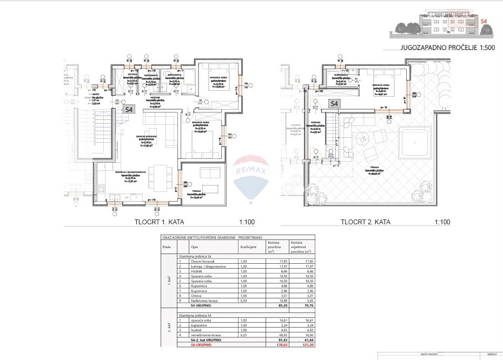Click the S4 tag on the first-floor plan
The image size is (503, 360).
pyautogui.click(x=129, y=110)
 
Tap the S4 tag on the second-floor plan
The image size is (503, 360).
pyautogui.click(x=334, y=104)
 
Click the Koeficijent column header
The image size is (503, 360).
pyautogui.click(x=248, y=246)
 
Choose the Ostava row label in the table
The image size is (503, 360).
pyautogui.click(x=189, y=296)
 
